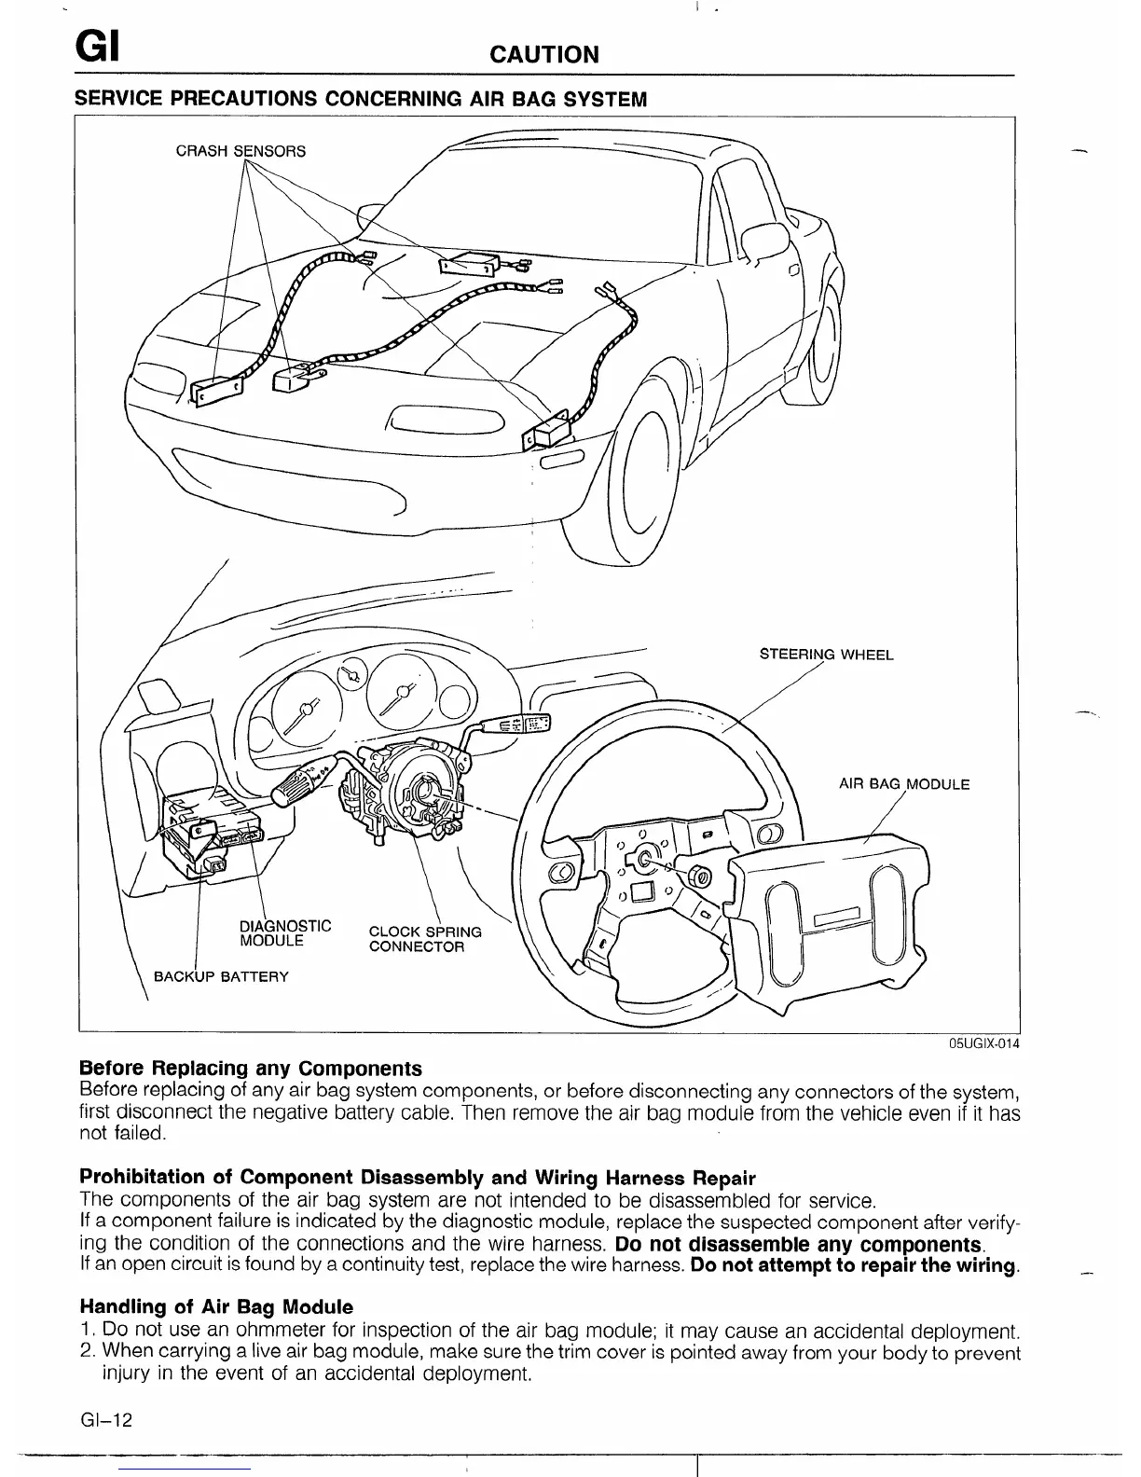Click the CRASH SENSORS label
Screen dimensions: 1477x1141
(x=241, y=151)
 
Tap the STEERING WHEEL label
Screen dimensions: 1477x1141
(x=826, y=655)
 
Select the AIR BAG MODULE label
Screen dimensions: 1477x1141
(x=904, y=784)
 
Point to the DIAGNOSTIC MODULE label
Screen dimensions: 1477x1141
(x=285, y=932)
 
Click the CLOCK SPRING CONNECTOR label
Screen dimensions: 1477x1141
(x=425, y=939)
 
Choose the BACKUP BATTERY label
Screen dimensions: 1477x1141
(x=221, y=977)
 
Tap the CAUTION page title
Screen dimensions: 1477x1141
(x=544, y=54)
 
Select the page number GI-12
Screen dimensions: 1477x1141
(x=107, y=1420)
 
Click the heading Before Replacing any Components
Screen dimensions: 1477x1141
(x=251, y=1069)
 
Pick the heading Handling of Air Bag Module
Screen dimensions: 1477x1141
(x=216, y=1306)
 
